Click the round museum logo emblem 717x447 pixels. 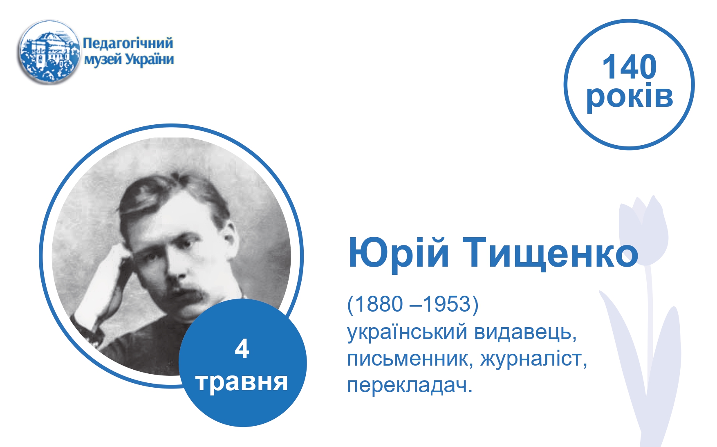[49, 52]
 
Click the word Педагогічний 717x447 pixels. [128, 43]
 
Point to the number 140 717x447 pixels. [629, 67]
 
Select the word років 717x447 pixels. [630, 97]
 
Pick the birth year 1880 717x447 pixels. [379, 304]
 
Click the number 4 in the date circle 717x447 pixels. [242, 349]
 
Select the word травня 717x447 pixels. [242, 382]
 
